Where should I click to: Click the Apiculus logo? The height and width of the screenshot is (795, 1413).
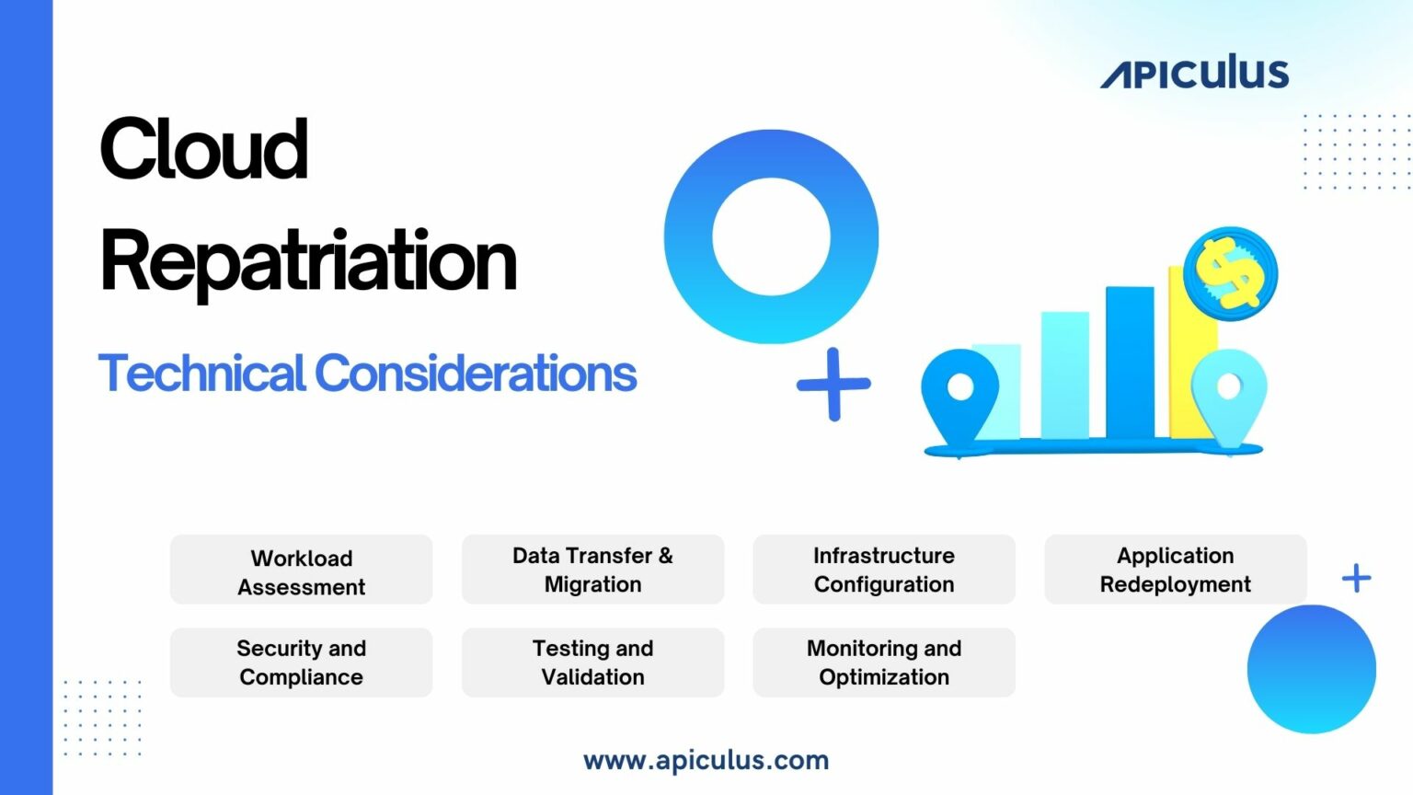click(1194, 73)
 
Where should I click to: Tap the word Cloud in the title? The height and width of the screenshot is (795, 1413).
click(203, 149)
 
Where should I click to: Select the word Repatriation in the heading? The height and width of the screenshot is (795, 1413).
click(308, 261)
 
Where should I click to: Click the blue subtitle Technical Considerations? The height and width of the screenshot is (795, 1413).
click(367, 373)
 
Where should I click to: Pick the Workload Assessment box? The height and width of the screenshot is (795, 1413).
click(301, 570)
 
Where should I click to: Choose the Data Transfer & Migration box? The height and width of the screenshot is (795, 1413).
click(592, 570)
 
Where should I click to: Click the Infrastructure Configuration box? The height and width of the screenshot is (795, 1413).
click(884, 570)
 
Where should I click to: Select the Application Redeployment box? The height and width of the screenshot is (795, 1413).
click(1175, 570)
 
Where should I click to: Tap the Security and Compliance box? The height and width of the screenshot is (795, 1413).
click(301, 662)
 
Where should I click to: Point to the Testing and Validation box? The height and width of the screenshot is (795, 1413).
click(592, 662)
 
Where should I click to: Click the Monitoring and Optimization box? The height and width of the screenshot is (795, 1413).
click(884, 662)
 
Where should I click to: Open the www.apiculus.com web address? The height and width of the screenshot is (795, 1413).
click(706, 760)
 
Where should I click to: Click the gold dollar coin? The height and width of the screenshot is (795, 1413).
click(1230, 273)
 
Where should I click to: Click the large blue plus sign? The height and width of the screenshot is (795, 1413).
click(833, 384)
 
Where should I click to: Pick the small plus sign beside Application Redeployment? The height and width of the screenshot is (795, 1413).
click(1356, 579)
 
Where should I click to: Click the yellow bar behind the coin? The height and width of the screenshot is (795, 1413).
click(1181, 368)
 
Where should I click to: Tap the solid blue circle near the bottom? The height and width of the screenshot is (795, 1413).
click(1311, 669)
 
